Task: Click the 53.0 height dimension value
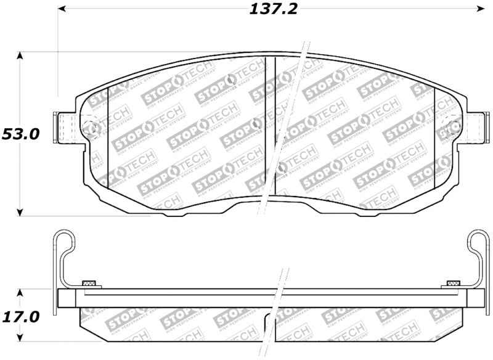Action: point(20,134)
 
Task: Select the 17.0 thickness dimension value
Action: point(20,317)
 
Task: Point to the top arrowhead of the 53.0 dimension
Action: point(20,57)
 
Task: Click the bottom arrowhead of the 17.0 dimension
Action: point(20,338)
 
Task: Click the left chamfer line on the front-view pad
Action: point(108,136)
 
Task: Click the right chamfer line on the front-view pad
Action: point(435,136)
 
